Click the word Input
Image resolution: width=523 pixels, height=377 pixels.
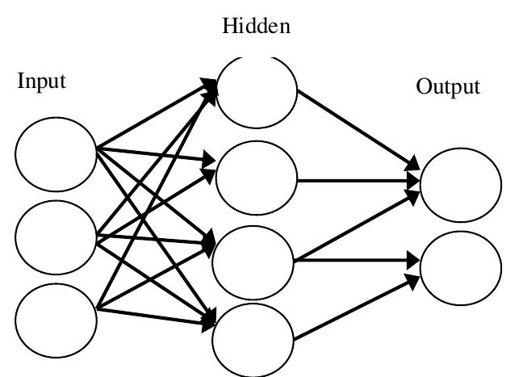pyautogui.click(x=41, y=82)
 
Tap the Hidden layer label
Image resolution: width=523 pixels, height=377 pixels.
pyautogui.click(x=256, y=27)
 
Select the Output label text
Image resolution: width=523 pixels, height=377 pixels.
pyautogui.click(x=448, y=86)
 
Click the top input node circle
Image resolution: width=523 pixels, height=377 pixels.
pyautogui.click(x=56, y=153)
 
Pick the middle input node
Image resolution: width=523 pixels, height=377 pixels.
pyautogui.click(x=56, y=237)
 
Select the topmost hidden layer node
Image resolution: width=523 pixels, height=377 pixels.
pyautogui.click(x=257, y=90)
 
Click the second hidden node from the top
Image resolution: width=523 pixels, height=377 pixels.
pyautogui.click(x=257, y=178)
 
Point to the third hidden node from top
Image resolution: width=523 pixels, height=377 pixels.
pyautogui.click(x=253, y=259)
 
